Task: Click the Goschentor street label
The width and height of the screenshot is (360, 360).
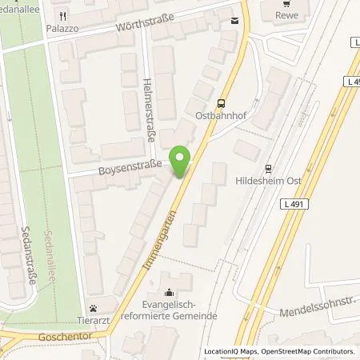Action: pyautogui.click(x=64, y=338)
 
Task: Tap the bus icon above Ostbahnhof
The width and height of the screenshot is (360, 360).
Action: pyautogui.click(x=221, y=102)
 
